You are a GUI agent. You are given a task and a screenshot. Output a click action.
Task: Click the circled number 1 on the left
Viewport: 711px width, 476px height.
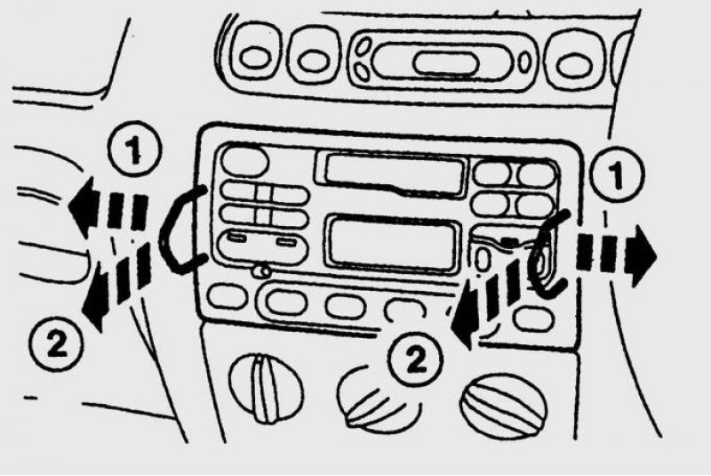point(134,149)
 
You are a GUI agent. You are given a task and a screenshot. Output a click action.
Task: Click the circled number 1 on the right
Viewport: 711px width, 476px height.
point(617,174)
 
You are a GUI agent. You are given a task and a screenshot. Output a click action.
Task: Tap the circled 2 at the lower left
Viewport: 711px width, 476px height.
point(56,343)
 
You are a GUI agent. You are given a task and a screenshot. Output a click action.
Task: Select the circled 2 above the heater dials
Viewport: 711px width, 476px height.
point(415,359)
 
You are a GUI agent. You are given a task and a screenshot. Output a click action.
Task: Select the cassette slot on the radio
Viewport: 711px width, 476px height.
point(391,175)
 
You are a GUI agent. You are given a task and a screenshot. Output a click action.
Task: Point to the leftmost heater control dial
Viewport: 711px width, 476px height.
point(266,387)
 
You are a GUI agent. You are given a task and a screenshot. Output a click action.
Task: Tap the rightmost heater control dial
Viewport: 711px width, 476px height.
point(503,405)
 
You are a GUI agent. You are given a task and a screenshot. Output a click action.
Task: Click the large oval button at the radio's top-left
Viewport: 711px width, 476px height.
point(244,161)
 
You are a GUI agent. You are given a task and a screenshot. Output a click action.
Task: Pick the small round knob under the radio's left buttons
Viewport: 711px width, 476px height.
point(260,272)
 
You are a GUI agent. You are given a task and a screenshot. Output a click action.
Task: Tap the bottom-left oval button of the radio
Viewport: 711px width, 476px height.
point(228,296)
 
